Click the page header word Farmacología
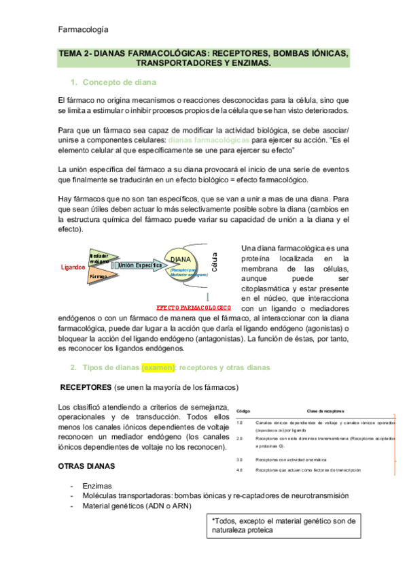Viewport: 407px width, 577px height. tap(83, 29)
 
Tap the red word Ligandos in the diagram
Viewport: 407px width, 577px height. tap(73, 267)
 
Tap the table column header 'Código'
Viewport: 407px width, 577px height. tap(243, 411)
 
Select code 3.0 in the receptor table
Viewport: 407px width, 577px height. tap(239, 460)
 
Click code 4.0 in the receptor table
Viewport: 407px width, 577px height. tap(239, 470)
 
